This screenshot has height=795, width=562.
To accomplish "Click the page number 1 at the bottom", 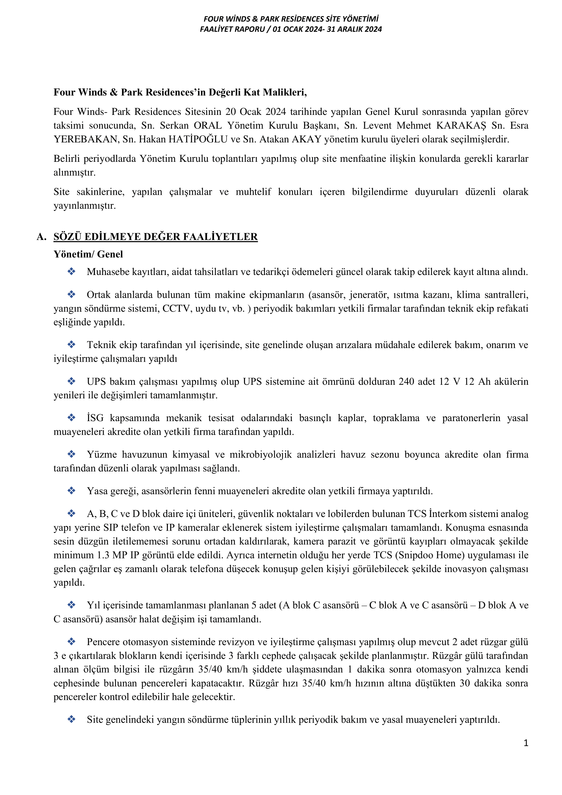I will tap(526, 743).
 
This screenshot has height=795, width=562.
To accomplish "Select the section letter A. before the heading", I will tap(41, 237).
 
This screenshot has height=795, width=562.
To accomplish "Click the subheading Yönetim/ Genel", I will tap(88, 254).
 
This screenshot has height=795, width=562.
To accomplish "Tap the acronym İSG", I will tap(95, 418).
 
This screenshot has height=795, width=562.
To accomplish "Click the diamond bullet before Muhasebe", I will tap(72, 272).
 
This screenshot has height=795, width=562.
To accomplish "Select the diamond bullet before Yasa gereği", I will tap(72, 491).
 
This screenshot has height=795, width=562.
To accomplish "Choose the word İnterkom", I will tap(446, 514).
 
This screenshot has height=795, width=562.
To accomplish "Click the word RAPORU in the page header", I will tap(248, 29).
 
